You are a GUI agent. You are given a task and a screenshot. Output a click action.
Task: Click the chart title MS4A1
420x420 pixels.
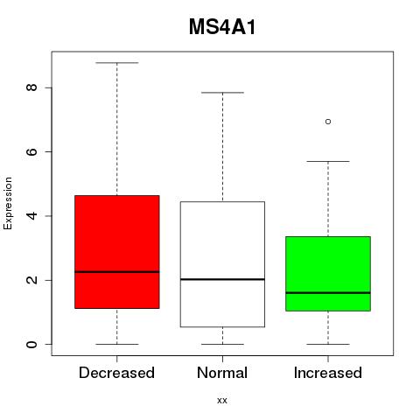pyautogui.click(x=222, y=27)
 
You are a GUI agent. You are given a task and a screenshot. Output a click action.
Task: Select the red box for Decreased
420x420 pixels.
pyautogui.click(x=117, y=252)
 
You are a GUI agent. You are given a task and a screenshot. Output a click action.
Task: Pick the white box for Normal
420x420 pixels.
pyautogui.click(x=222, y=264)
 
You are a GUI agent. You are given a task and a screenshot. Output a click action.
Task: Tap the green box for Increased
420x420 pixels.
pyautogui.click(x=328, y=274)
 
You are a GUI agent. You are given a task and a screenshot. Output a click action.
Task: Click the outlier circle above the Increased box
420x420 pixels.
pyautogui.click(x=328, y=122)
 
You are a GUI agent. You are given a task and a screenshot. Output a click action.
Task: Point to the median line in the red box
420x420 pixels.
pyautogui.click(x=117, y=272)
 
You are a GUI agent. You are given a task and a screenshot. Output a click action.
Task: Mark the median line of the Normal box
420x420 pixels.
pyautogui.click(x=222, y=279)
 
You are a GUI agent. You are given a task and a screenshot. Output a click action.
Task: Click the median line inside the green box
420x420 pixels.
pyautogui.click(x=328, y=292)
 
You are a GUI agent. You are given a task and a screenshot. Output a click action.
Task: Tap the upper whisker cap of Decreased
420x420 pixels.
pyautogui.click(x=117, y=63)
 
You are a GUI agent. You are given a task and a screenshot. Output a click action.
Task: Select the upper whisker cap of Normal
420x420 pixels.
pyautogui.click(x=222, y=93)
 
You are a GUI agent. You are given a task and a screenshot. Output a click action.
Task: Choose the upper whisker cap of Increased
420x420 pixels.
pyautogui.click(x=328, y=161)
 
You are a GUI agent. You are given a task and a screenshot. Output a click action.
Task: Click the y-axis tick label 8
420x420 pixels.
pyautogui.click(x=31, y=87)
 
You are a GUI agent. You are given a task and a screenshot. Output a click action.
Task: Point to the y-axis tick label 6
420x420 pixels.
pyautogui.click(x=31, y=151)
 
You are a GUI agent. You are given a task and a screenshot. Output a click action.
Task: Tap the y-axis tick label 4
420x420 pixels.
pyautogui.click(x=31, y=216)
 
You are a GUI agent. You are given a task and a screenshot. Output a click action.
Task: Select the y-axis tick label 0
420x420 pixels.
pyautogui.click(x=31, y=344)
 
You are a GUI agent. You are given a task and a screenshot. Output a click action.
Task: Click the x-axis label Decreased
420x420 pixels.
pyautogui.click(x=116, y=373)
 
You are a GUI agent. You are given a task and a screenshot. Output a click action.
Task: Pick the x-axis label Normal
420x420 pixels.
pyautogui.click(x=222, y=373)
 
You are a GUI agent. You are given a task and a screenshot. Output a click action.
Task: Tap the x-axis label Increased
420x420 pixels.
pyautogui.click(x=328, y=373)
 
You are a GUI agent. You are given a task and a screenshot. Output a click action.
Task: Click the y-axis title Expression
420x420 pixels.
pyautogui.click(x=8, y=203)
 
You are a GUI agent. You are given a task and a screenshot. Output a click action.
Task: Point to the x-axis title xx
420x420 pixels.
pyautogui.click(x=222, y=401)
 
